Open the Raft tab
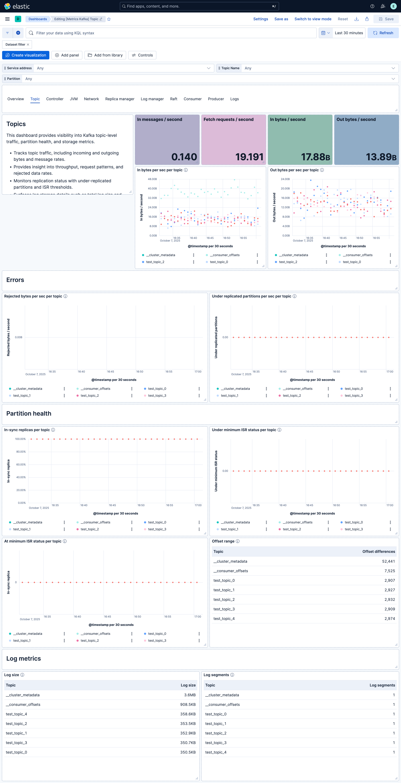(x=174, y=99)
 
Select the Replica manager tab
(x=119, y=99)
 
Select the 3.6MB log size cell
(x=190, y=695)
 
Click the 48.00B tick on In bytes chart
(x=152, y=179)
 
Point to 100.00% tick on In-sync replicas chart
(x=20, y=439)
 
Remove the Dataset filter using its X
(x=28, y=44)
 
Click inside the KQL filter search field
(x=173, y=33)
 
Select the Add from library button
(x=105, y=55)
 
